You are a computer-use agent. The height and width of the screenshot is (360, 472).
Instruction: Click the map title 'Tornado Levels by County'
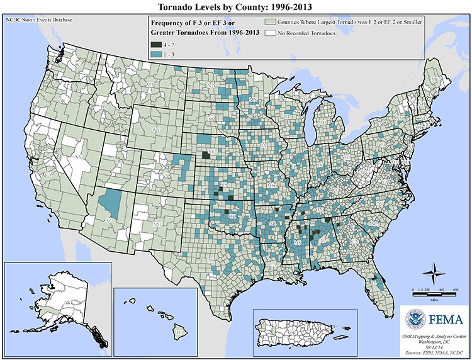pos(236,7)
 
